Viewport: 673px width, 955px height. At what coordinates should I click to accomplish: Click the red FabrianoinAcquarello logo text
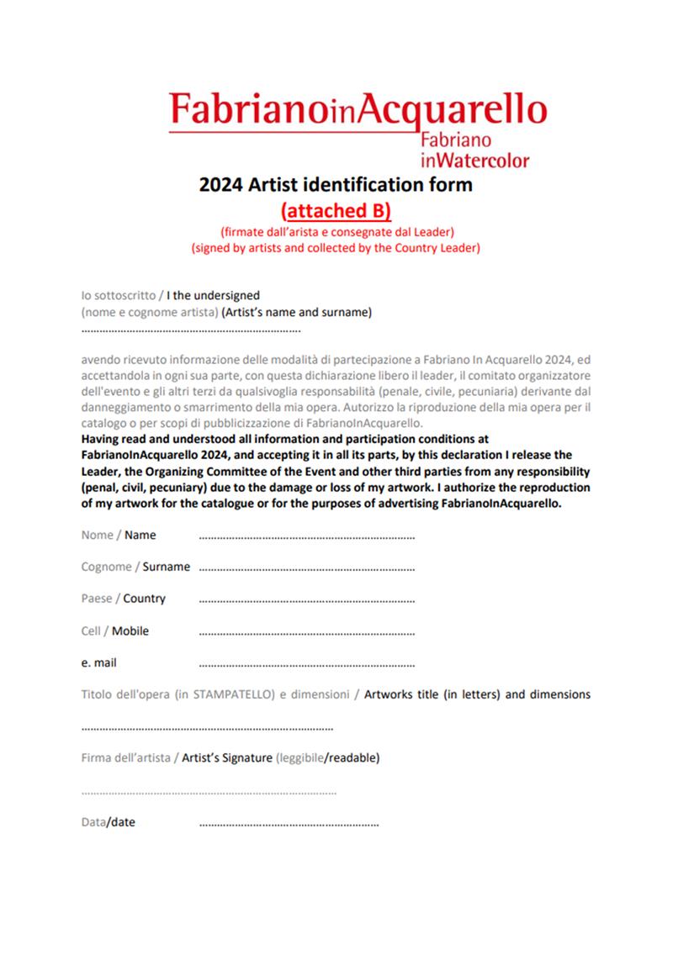[x=358, y=111]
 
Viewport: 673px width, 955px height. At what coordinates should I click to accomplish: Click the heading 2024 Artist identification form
[x=336, y=184]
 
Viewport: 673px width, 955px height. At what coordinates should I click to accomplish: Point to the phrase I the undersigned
[x=214, y=295]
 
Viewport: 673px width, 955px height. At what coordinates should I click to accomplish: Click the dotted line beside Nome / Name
[x=306, y=536]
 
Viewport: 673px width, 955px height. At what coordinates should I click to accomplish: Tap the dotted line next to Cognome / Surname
[x=306, y=567]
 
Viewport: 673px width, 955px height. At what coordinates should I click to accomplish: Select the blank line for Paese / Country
[x=306, y=599]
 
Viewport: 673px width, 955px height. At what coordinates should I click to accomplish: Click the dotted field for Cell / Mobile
[x=306, y=631]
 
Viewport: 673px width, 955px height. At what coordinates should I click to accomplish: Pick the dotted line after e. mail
[x=306, y=663]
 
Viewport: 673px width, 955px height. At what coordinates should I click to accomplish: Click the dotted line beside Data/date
[x=289, y=823]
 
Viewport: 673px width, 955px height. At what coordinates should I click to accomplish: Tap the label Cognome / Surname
[x=135, y=567]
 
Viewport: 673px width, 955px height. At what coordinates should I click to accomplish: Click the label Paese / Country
[x=123, y=599]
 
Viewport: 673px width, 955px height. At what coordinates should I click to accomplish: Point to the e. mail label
[x=98, y=662]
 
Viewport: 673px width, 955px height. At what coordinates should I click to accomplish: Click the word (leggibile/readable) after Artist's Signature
[x=327, y=757]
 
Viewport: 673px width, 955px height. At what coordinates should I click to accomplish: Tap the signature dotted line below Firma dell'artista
[x=209, y=792]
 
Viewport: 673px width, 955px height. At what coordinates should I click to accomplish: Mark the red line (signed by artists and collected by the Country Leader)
[x=336, y=248]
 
